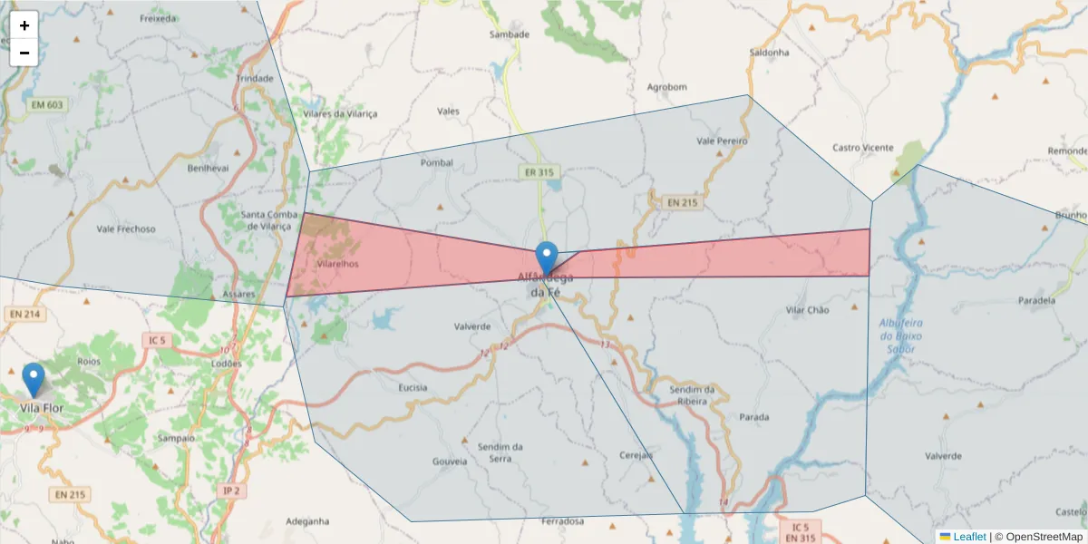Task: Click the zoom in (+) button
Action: [x=24, y=25]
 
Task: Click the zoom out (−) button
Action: [x=24, y=53]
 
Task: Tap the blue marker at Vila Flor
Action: [x=34, y=379]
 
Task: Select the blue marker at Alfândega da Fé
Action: [x=546, y=257]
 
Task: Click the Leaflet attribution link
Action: [x=968, y=537]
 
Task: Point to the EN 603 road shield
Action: [x=47, y=105]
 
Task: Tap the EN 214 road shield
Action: [x=24, y=315]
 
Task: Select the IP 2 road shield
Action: [x=231, y=491]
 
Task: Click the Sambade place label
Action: [x=509, y=34]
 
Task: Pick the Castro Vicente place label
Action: [x=862, y=148]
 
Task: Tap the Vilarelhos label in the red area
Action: [x=338, y=264]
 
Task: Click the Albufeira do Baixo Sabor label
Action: [x=900, y=336]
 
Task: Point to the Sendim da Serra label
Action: [x=500, y=452]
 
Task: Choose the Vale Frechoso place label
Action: [x=126, y=229]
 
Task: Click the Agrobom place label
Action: [x=666, y=87]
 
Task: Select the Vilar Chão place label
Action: [x=807, y=310]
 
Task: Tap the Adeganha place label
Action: [x=307, y=521]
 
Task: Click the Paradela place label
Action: [x=1037, y=300]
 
